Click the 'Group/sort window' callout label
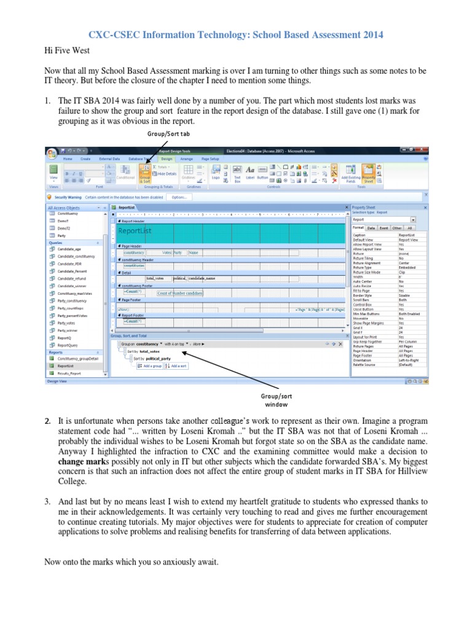click(x=276, y=400)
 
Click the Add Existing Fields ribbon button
click(x=351, y=174)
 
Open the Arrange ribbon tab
click(x=186, y=158)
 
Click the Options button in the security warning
click(x=178, y=197)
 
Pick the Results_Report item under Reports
click(x=69, y=373)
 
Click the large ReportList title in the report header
click(x=135, y=231)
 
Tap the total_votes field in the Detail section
click(x=155, y=278)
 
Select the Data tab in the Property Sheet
click(x=371, y=227)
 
